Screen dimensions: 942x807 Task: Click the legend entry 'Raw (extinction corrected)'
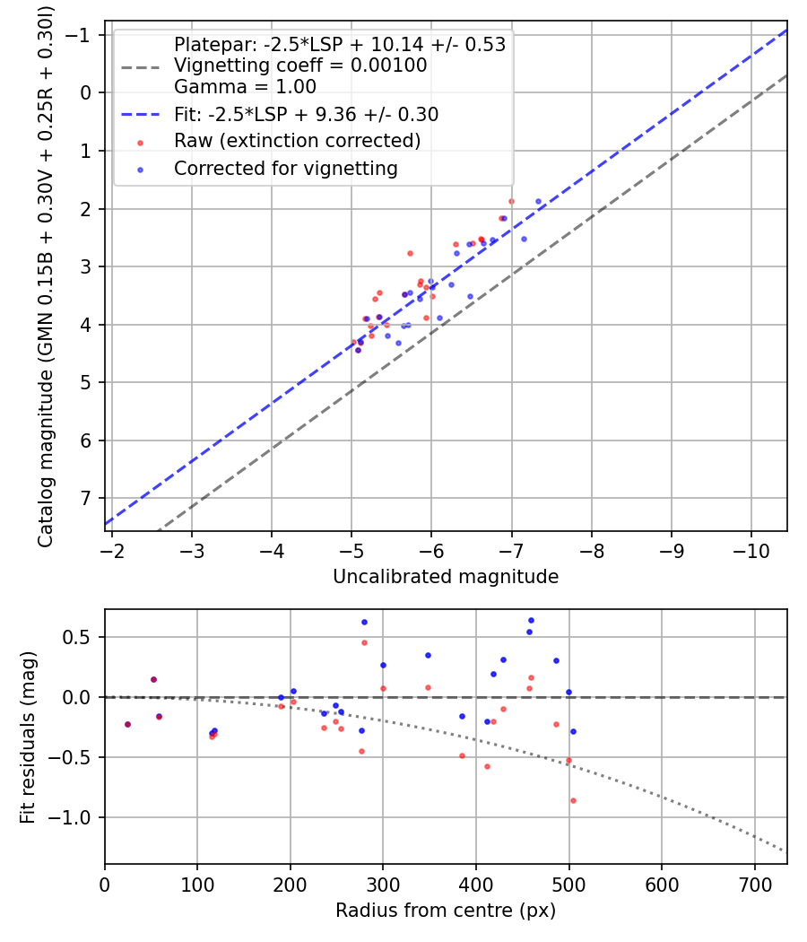pos(297,141)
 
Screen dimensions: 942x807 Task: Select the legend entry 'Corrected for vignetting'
pos(285,168)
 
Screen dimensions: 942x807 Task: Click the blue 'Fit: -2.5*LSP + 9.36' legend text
pos(306,115)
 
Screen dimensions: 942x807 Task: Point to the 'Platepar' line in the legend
pos(339,45)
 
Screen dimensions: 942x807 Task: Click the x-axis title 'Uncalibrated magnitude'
pos(446,577)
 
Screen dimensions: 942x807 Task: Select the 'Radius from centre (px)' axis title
pos(446,911)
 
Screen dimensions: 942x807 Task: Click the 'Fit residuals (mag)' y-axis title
pos(28,737)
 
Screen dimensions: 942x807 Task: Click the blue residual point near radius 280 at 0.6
pos(364,622)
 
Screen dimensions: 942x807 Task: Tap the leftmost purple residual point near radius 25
pos(127,724)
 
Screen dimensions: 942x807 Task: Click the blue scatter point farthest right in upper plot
pos(538,202)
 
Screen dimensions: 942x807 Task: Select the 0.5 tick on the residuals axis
pos(82,637)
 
